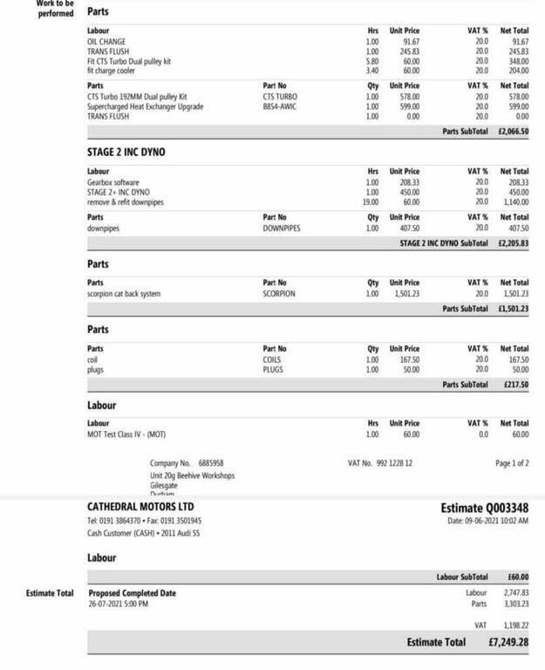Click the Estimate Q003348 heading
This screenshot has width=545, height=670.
484,508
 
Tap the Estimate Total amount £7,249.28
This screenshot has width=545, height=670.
508,643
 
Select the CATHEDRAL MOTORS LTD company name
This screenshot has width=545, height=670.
140,507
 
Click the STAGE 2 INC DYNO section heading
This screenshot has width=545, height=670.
126,152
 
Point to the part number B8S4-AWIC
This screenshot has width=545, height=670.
281,106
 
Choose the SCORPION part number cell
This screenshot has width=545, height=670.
279,294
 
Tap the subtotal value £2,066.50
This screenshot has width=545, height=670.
513,131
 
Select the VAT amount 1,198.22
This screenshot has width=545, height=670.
515,625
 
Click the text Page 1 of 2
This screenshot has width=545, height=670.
511,463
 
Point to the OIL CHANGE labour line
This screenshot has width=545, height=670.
106,42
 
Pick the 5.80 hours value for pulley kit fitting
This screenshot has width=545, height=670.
372,62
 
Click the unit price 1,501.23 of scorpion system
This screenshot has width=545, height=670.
405,294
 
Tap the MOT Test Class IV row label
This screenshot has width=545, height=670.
126,434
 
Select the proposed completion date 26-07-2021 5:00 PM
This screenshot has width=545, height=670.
119,604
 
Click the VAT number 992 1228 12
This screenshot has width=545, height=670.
380,463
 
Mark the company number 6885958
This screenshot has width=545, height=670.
211,463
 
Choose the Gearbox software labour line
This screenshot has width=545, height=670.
113,182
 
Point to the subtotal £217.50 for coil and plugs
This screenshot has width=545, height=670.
514,385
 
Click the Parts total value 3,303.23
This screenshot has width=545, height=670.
515,604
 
